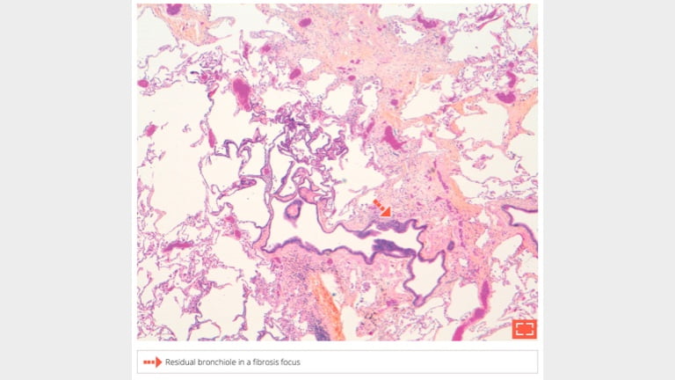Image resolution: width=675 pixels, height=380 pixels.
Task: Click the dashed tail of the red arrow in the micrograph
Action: [376, 203]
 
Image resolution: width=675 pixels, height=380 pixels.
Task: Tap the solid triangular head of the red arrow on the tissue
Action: [385, 211]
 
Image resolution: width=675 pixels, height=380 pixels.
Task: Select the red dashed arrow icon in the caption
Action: [152, 362]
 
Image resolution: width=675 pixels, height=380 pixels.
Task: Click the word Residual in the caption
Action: [182, 362]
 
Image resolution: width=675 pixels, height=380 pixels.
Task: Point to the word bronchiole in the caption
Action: [223, 362]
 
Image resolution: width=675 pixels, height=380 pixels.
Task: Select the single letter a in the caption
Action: [257, 362]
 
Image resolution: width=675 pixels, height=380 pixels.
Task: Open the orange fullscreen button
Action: [525, 328]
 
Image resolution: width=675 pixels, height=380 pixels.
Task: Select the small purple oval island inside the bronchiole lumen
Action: [293, 209]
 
